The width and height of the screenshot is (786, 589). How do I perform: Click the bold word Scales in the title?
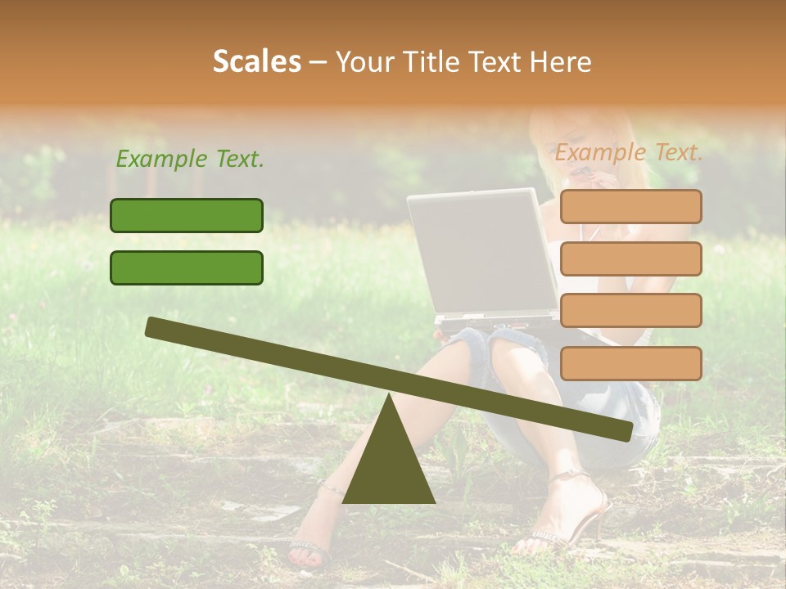(256, 61)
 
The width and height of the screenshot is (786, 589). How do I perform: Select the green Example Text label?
(190, 159)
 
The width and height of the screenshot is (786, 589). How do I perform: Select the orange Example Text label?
(629, 152)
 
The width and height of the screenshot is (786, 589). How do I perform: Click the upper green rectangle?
(187, 215)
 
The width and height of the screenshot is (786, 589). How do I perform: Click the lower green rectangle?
(187, 268)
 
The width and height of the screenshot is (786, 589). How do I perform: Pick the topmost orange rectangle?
(630, 206)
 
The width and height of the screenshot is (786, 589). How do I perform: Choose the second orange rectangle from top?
(630, 259)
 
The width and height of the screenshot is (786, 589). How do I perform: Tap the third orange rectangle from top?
(630, 310)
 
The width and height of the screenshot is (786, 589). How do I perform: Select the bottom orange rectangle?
(630, 363)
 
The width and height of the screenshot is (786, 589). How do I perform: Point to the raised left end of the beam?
(156, 326)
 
